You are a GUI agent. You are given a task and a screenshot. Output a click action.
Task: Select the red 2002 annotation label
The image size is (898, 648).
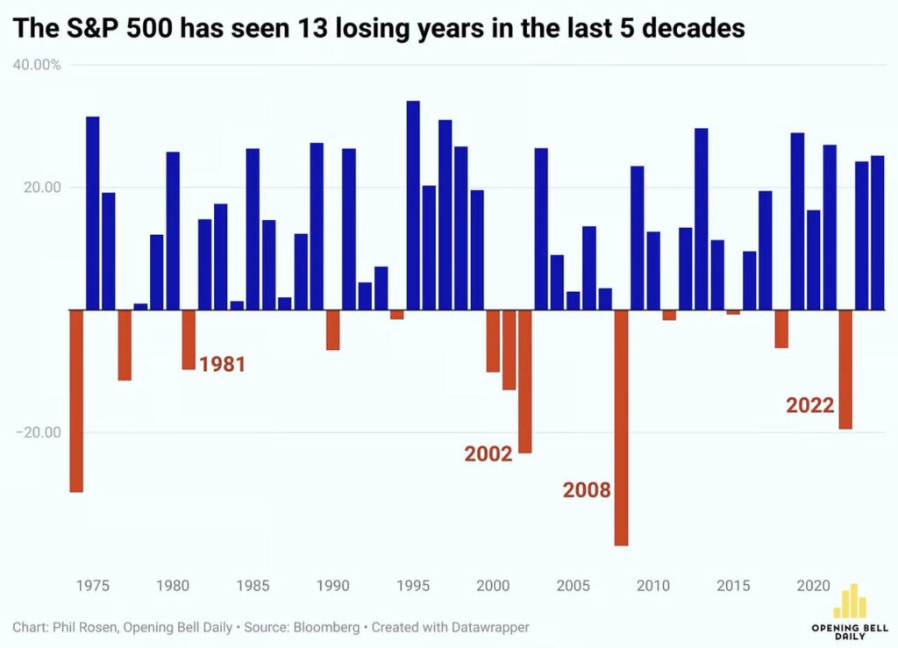tap(488, 453)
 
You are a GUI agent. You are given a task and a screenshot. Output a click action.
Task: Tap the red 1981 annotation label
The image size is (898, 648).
tap(223, 364)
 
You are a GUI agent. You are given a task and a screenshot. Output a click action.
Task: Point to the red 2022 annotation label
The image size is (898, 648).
tap(809, 405)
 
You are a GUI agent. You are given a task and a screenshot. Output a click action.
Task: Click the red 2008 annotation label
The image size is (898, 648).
tap(586, 490)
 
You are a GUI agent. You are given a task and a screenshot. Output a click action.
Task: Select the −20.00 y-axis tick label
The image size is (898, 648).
tap(37, 432)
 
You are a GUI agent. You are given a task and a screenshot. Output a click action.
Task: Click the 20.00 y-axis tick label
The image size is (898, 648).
tap(40, 188)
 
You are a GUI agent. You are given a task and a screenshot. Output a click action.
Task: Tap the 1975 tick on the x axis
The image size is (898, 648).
tap(93, 586)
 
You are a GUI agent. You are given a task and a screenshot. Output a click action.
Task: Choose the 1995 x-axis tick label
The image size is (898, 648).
tap(413, 586)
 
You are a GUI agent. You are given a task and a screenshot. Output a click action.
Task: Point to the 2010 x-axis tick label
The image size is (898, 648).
tap(653, 586)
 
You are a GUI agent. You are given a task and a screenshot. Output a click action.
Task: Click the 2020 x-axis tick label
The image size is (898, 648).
tap(813, 586)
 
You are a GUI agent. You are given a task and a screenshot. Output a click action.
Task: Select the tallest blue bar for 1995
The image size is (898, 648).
tap(413, 205)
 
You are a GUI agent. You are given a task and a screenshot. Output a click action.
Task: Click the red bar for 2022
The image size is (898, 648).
tap(845, 369)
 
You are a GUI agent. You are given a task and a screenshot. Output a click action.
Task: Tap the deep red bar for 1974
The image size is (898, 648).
tap(76, 401)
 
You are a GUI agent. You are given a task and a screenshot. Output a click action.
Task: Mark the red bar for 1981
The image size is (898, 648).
tap(189, 339)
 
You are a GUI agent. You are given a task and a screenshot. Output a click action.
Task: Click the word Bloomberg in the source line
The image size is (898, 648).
tap(335, 628)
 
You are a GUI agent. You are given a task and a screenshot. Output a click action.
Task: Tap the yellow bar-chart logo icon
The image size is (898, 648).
tap(848, 602)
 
